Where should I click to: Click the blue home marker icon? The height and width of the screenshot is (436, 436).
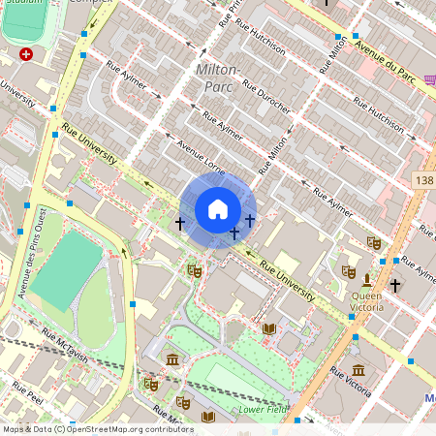(x=218, y=209)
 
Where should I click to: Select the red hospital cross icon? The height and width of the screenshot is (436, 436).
(x=25, y=55)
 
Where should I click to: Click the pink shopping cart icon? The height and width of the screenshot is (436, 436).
(x=425, y=81)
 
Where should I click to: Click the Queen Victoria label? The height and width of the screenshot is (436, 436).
(x=366, y=301)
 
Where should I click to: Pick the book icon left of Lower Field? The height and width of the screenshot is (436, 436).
(x=207, y=418)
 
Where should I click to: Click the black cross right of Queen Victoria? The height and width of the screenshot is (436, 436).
(x=395, y=286)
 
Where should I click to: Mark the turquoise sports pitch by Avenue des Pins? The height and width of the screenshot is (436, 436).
(x=66, y=270)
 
